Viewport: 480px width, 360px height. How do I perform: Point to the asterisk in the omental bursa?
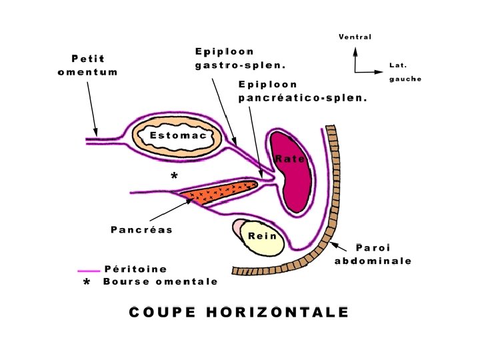pyautogui.click(x=174, y=177)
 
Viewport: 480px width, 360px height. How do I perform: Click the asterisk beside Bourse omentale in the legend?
pyautogui.click(x=86, y=283)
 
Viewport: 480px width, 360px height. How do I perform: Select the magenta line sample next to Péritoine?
pyautogui.click(x=89, y=271)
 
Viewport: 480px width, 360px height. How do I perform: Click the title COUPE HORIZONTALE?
pyautogui.click(x=239, y=312)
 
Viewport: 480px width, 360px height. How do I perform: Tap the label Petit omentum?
pyautogui.click(x=95, y=65)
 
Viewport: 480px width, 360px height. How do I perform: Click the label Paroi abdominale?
pyautogui.click(x=373, y=254)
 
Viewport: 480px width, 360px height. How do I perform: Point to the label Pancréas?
pyautogui.click(x=141, y=230)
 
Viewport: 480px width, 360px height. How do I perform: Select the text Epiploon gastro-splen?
pyautogui.click(x=241, y=59)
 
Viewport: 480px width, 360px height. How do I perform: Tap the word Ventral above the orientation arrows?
pyautogui.click(x=355, y=37)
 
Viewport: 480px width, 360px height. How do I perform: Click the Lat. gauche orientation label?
pyautogui.click(x=405, y=72)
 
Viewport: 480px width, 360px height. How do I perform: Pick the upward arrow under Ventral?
pyautogui.click(x=355, y=57)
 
